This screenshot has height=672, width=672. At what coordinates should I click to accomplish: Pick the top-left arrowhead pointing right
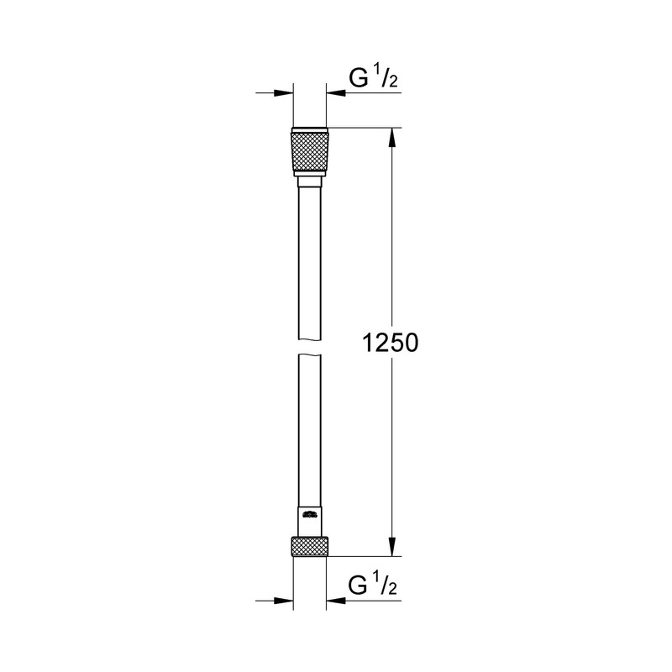tap(283, 94)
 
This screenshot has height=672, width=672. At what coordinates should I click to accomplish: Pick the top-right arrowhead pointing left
tap(338, 94)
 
